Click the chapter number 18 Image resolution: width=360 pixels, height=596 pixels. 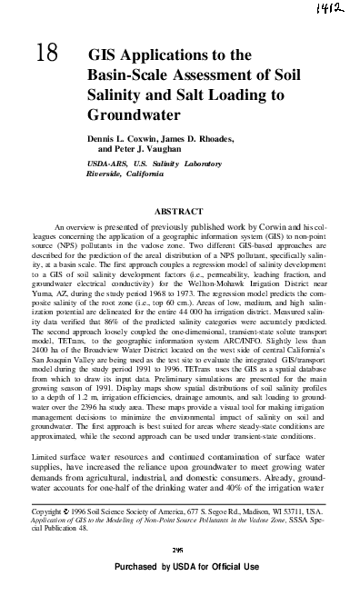[47, 56]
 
